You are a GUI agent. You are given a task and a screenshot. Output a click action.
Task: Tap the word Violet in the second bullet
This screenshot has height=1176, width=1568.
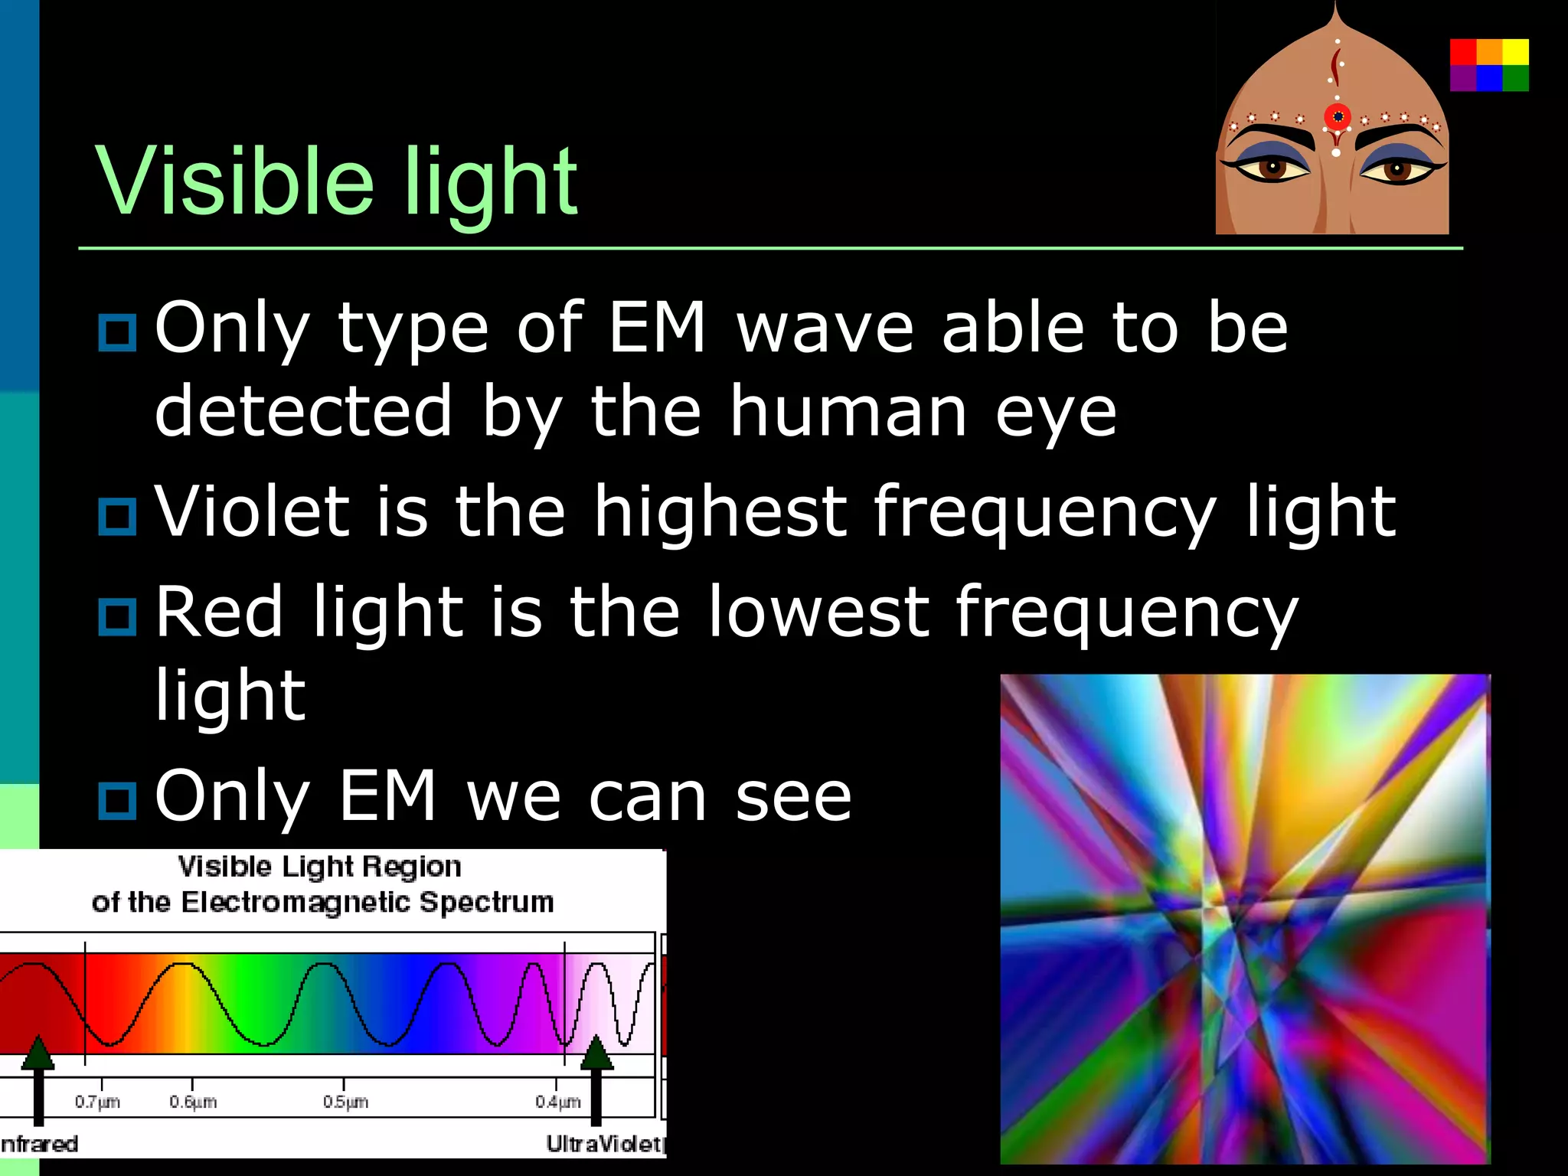point(252,511)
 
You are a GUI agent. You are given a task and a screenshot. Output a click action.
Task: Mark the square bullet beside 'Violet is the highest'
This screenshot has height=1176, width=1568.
point(117,515)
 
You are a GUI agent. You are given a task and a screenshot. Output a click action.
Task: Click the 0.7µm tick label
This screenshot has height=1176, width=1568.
point(97,1102)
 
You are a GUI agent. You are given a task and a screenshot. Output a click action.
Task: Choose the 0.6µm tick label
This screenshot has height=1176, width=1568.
point(193,1102)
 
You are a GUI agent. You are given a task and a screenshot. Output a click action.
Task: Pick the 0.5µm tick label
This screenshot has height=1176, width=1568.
point(345,1102)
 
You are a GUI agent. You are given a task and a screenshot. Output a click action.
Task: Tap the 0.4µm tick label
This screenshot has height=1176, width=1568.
point(557,1102)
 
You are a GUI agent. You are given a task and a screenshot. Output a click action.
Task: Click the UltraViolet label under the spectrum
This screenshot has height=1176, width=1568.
point(604,1144)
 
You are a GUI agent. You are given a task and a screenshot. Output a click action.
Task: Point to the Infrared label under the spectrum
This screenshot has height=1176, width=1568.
point(39,1144)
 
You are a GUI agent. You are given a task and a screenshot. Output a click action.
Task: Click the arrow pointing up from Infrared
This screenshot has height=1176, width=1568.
point(38,1080)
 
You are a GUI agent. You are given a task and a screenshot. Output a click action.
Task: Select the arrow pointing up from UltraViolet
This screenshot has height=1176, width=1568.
point(596,1080)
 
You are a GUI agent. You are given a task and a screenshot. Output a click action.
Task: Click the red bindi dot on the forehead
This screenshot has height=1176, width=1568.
point(1338,117)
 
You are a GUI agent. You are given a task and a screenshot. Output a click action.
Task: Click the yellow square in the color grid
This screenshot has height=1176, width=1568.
point(1515,52)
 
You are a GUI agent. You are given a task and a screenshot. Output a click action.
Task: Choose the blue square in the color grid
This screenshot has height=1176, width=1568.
point(1489,78)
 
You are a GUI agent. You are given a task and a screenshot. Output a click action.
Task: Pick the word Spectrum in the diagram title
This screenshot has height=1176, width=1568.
point(486,902)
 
